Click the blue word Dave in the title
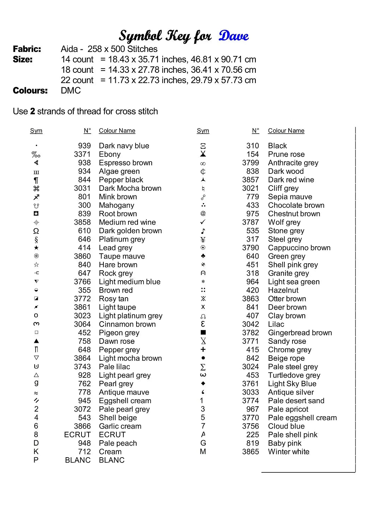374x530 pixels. [234, 36]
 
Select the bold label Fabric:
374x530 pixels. [27, 49]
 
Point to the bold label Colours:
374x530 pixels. [30, 91]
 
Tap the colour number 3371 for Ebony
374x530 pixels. [82, 154]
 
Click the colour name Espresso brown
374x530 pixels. [126, 163]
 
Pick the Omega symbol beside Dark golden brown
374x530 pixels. [36, 231]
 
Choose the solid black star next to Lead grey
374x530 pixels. [36, 248]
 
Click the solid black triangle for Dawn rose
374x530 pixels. [36, 341]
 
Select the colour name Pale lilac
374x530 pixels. [114, 367]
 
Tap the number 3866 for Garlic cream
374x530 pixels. [82, 426]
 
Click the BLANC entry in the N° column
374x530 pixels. [78, 460]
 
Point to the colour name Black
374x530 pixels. [277, 146]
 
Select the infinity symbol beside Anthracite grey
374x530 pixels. [203, 164]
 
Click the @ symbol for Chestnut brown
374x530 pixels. [203, 213]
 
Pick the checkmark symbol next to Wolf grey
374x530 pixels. [203, 222]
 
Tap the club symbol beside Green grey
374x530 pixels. [203, 256]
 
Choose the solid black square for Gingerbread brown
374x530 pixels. [203, 332]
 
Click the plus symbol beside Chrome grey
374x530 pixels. [203, 349]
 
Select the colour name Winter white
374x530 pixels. [289, 452]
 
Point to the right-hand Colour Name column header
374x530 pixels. [286, 131]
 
